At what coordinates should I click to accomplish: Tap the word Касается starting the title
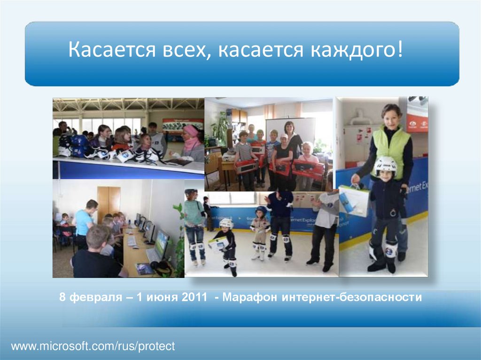pyautogui.click(x=112, y=49)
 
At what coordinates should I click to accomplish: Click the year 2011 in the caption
pyautogui.click(x=194, y=297)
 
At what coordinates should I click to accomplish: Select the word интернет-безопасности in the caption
pyautogui.click(x=351, y=297)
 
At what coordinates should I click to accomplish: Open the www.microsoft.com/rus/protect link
pyautogui.click(x=93, y=346)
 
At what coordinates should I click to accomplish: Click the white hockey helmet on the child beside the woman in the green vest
pyautogui.click(x=385, y=166)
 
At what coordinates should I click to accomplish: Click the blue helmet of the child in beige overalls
pyautogui.click(x=261, y=211)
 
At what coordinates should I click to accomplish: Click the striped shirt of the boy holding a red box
pyautogui.click(x=244, y=151)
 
